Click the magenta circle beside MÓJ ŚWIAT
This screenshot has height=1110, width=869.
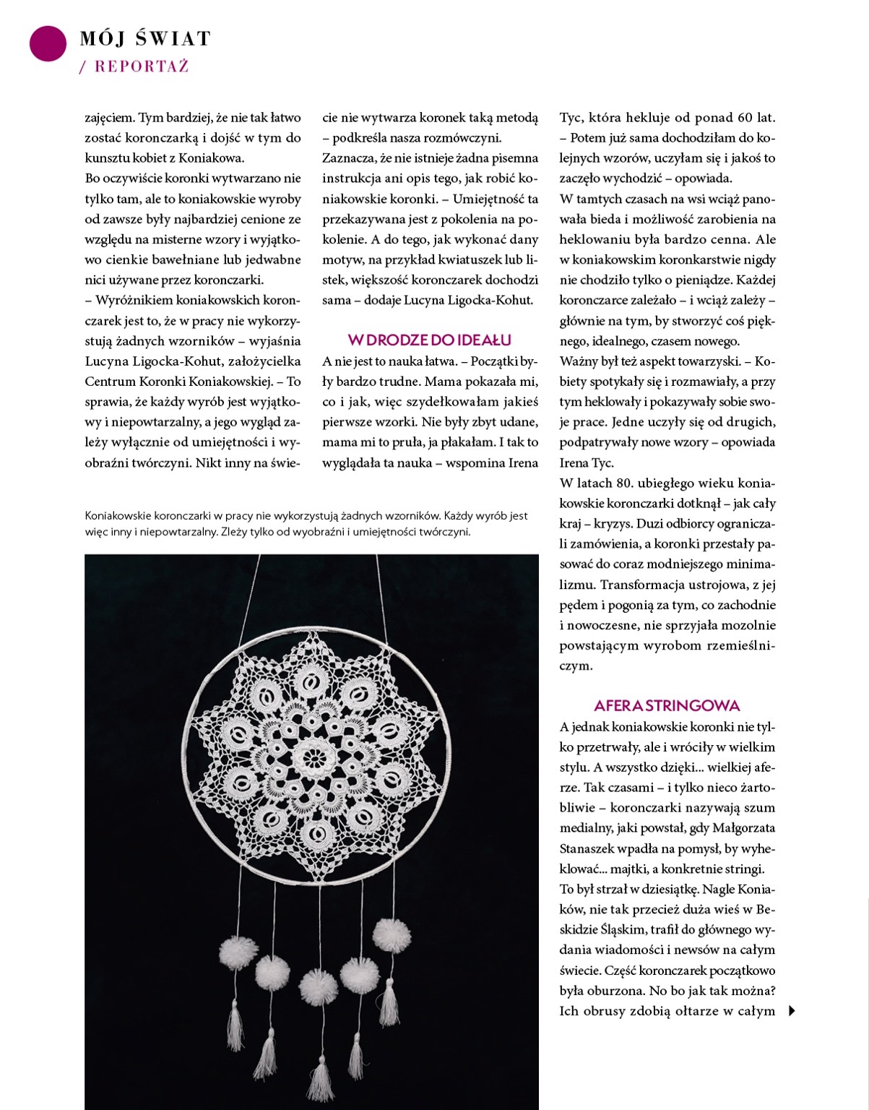pos(48,43)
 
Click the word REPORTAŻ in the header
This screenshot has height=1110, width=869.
pos(142,66)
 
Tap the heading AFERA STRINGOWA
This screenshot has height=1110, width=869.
pos(667,705)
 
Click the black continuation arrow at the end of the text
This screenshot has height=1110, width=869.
pos(792,1011)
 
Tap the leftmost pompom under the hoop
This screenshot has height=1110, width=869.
pos(235,952)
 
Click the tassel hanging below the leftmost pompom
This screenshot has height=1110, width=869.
pos(235,1019)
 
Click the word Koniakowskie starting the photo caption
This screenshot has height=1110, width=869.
pos(118,516)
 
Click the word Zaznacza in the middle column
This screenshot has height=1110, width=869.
pos(347,158)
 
